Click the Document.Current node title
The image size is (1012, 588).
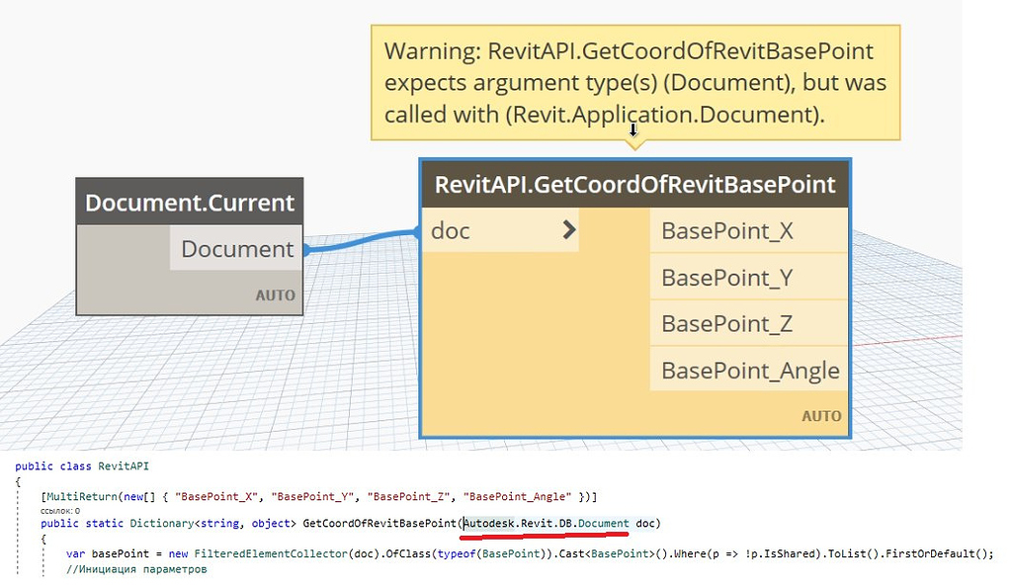[x=190, y=203]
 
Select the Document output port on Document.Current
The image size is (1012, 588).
[x=237, y=249]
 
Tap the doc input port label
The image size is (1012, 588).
[x=451, y=231]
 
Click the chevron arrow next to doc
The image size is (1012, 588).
[x=568, y=230]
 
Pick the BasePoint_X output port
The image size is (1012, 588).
[x=726, y=231]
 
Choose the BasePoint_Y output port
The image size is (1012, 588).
[x=726, y=278]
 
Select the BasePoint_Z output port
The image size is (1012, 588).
[x=726, y=324]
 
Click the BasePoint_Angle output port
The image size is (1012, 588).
[x=750, y=371]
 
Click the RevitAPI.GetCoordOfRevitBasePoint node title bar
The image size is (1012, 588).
[x=634, y=185]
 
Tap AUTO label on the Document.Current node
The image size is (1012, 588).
[x=275, y=295]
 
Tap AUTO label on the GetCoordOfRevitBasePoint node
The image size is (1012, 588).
[x=821, y=416]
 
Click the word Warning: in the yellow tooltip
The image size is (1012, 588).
[x=433, y=50]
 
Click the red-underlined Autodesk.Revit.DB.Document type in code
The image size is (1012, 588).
[x=546, y=523]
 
